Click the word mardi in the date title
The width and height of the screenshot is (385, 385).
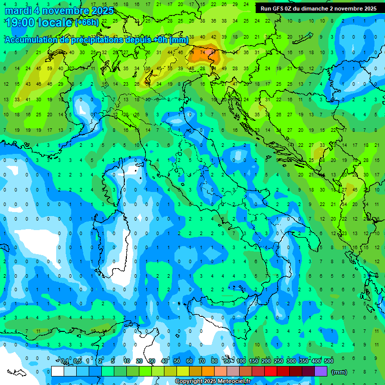(x=19, y=11)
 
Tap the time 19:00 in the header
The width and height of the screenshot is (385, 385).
(x=21, y=23)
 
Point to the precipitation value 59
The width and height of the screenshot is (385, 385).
(x=50, y=68)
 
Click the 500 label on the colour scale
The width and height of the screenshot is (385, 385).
(x=329, y=361)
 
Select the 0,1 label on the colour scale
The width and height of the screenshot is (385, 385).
(x=65, y=361)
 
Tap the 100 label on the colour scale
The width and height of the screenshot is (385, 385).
(x=241, y=361)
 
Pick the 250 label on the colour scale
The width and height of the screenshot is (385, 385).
(x=279, y=361)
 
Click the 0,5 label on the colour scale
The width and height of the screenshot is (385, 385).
(x=77, y=361)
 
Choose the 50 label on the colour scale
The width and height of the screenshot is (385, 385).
(x=177, y=361)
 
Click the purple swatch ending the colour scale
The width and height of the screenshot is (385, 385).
(x=321, y=371)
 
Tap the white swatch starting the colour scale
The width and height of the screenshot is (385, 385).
(x=58, y=371)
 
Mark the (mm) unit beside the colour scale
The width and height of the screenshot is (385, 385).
(x=339, y=371)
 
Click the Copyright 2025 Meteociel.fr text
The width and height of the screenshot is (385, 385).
(x=213, y=381)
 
